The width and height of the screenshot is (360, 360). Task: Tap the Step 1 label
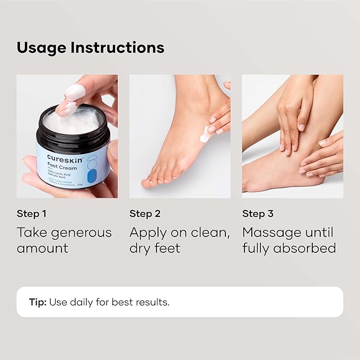pos(31,214)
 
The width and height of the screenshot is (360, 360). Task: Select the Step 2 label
pos(145,214)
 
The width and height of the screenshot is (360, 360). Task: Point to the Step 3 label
pos(258,214)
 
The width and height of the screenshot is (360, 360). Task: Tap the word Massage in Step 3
pos(271,233)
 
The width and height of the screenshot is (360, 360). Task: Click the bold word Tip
pos(38,302)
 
